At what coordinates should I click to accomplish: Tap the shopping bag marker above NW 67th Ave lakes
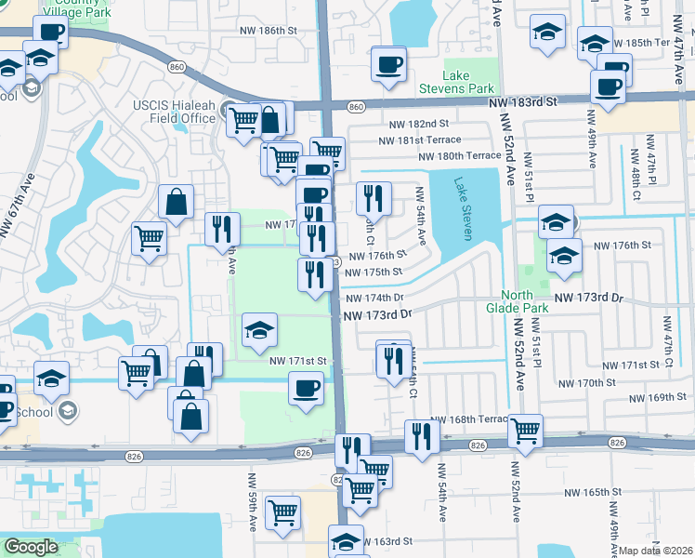pos(176,201)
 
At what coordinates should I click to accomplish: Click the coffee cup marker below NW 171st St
pos(306,387)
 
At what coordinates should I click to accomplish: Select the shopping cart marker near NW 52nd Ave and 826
pos(526,430)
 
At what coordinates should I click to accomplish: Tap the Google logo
pos(31,547)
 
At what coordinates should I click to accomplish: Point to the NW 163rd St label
pos(386,541)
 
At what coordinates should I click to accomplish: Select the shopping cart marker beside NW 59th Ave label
pos(282,511)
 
